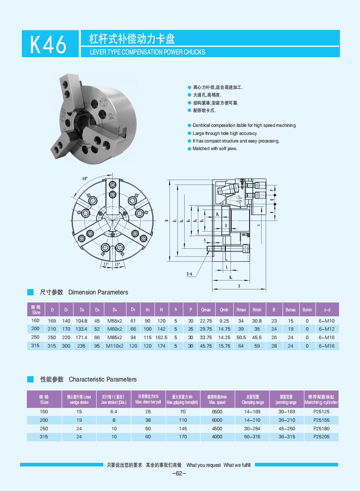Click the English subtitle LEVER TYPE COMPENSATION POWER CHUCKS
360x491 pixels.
[x=148, y=52]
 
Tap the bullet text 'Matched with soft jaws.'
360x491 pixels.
[x=215, y=148]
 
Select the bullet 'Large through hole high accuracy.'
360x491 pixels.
[x=224, y=133]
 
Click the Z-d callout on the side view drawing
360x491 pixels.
[x=189, y=274]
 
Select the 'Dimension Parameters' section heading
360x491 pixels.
[x=98, y=292]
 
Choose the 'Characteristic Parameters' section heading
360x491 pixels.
[x=102, y=379]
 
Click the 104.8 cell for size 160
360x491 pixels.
[x=81, y=321]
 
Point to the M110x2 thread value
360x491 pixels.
[x=114, y=346]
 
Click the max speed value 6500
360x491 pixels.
[x=216, y=411]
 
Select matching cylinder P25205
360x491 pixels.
[x=321, y=436]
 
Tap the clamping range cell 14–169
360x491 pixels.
[x=252, y=411]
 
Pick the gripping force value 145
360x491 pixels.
[x=182, y=428]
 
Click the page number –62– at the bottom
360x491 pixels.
[x=179, y=473]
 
